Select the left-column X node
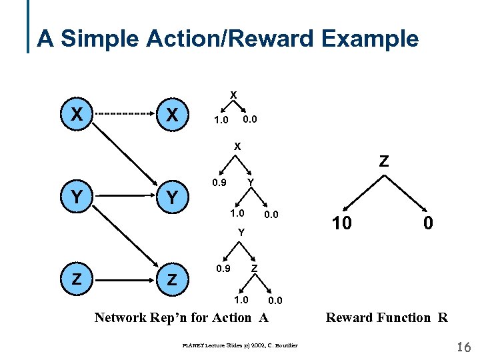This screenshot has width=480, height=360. [x=77, y=115]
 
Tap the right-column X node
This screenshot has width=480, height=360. [x=172, y=115]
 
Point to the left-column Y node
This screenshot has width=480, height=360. [x=77, y=197]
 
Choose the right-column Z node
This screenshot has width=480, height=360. [x=172, y=280]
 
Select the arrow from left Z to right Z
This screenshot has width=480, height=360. [x=125, y=280]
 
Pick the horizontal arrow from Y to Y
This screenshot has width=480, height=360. [x=125, y=197]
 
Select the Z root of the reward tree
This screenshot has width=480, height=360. [x=384, y=161]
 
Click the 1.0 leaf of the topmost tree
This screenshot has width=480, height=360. [x=220, y=121]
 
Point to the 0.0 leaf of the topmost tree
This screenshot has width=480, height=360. [x=250, y=119]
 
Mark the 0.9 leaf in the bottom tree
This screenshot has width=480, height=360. [x=223, y=269]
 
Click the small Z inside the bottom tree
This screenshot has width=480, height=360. [x=254, y=268]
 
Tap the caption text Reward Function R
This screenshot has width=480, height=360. [x=386, y=317]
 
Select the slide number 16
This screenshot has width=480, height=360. [x=464, y=347]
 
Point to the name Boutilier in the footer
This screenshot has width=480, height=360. [x=283, y=345]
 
